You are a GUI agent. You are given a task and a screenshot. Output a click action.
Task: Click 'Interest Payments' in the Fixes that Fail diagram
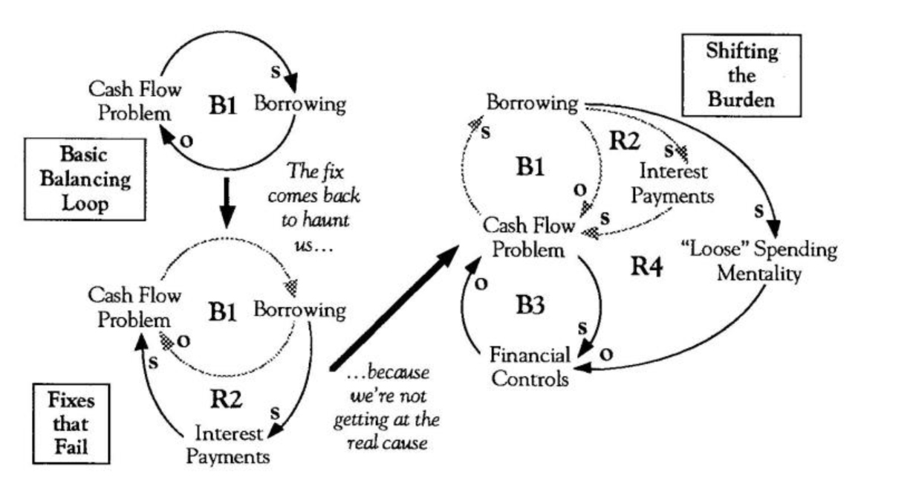click(228, 444)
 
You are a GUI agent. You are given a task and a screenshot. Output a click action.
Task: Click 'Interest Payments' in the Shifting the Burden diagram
click(676, 184)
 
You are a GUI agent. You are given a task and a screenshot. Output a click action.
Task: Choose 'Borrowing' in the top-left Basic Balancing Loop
click(299, 103)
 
